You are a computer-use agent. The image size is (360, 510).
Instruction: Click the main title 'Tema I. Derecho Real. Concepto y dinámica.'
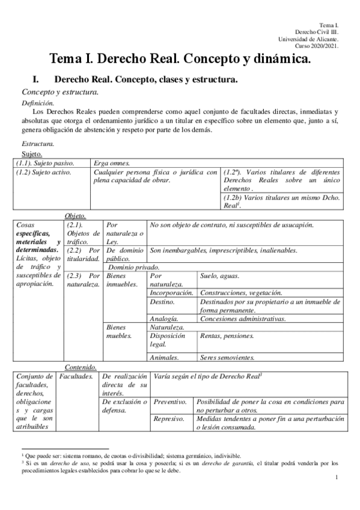click(x=180, y=59)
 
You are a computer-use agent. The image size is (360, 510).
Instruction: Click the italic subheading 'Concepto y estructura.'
click(x=60, y=92)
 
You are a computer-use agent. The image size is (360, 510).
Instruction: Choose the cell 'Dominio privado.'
click(x=134, y=267)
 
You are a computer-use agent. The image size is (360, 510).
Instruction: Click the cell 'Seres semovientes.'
click(x=227, y=357)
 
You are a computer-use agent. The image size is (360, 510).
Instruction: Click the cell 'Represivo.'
click(x=169, y=418)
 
